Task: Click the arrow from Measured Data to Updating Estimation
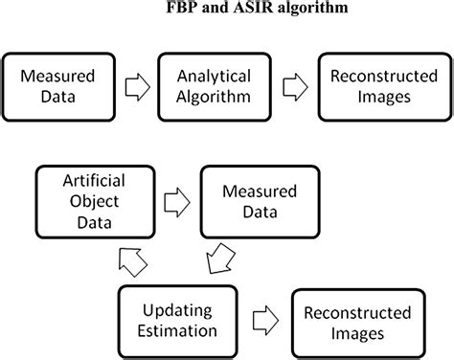click(219, 258)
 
